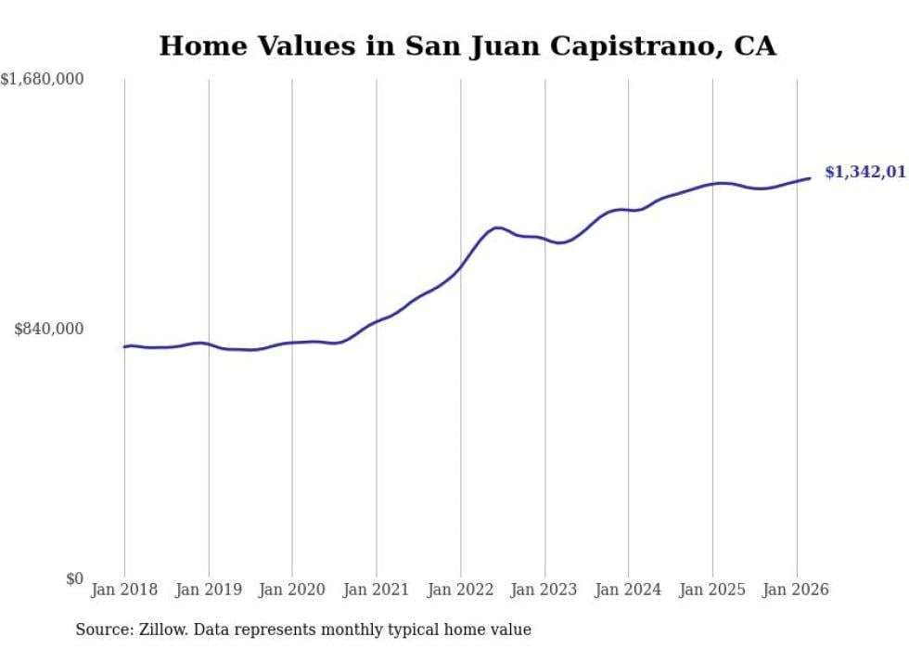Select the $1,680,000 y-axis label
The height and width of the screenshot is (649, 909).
(x=43, y=80)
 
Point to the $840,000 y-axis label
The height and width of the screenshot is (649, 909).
(x=49, y=329)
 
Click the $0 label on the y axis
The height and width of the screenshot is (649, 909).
(x=74, y=578)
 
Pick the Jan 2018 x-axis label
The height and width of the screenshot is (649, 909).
(x=124, y=590)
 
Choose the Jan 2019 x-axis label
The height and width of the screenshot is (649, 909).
(x=209, y=590)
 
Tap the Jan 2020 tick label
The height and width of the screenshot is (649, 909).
(x=292, y=590)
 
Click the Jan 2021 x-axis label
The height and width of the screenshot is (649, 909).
(x=377, y=590)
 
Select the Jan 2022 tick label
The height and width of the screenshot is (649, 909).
(x=460, y=590)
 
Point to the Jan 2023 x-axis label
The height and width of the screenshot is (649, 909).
(x=544, y=590)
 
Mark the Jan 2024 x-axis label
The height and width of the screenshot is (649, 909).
(x=628, y=590)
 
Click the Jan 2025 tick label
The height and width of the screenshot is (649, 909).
(x=712, y=590)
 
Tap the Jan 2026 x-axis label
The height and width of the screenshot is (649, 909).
(x=796, y=590)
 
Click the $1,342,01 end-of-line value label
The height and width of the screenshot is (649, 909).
(x=864, y=172)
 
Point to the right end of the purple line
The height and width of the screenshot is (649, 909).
(x=811, y=178)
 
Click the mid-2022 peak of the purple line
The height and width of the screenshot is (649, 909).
(x=498, y=227)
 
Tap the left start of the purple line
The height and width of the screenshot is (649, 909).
(x=124, y=346)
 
